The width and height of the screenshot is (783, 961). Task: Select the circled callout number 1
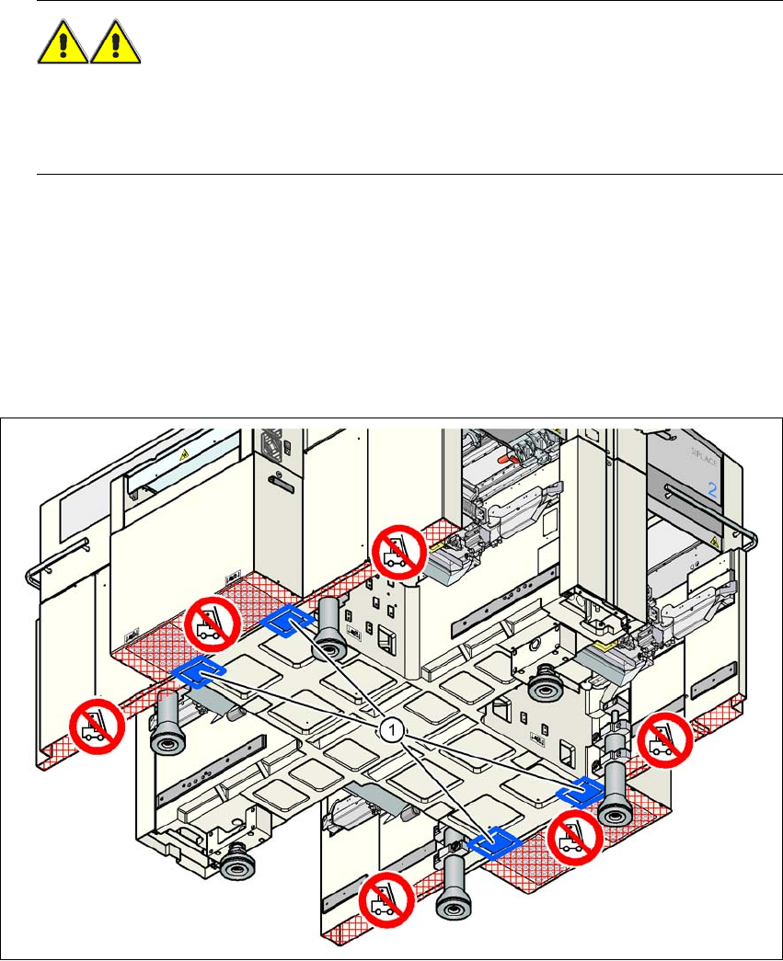(x=391, y=729)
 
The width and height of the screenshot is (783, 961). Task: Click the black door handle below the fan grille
(x=276, y=479)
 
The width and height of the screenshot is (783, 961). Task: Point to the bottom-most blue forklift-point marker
(x=494, y=840)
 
